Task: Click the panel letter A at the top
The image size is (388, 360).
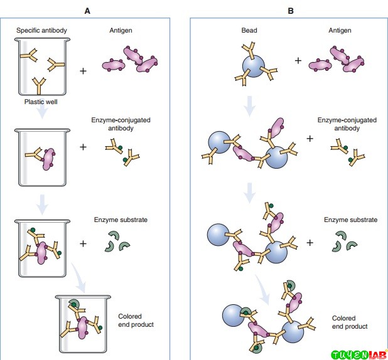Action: (x=87, y=11)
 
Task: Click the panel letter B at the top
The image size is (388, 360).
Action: (x=291, y=11)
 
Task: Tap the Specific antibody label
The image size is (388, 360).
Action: (x=41, y=30)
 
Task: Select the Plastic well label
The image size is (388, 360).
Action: (x=41, y=102)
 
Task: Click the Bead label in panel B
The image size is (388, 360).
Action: (x=249, y=30)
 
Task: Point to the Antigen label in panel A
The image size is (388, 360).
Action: (x=121, y=30)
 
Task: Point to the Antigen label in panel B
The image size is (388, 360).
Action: (x=340, y=30)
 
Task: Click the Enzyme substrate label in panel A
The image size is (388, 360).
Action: (x=121, y=220)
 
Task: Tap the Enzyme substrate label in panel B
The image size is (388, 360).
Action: (x=350, y=220)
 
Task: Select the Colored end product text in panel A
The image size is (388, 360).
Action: (x=136, y=320)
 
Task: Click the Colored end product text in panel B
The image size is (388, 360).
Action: (x=350, y=322)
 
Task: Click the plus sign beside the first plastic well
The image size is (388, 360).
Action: (x=83, y=71)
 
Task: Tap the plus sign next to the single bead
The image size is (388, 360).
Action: (x=298, y=61)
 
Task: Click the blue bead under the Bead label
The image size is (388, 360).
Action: (x=254, y=66)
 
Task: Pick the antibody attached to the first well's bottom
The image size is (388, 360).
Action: (x=39, y=86)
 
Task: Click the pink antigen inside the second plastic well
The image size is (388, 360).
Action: (x=48, y=159)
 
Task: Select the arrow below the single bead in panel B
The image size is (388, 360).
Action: (x=250, y=107)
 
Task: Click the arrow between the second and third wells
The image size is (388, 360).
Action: (x=42, y=204)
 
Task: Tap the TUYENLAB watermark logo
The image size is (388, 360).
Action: (x=359, y=354)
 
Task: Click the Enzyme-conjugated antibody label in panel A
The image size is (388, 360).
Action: (x=121, y=124)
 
